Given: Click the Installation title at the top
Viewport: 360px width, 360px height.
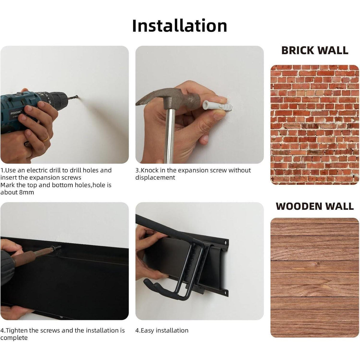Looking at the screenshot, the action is coord(179,26).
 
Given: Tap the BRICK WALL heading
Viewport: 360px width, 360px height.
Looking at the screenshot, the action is coord(315,50).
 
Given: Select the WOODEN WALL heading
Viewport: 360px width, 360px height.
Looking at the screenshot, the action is coord(315,206).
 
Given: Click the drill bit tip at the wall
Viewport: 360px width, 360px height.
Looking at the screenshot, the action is coord(77,97).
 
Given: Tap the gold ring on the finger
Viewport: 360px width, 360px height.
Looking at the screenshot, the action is coord(45,138).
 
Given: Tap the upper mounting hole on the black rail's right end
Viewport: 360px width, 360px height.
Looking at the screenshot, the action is coord(225,242).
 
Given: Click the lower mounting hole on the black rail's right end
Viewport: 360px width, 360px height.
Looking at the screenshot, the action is coord(226,291).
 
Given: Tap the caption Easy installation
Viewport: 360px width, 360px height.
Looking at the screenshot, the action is coord(165,331).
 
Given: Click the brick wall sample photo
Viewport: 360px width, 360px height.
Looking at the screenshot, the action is coord(315,125).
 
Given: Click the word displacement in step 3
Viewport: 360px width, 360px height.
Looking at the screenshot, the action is coord(155,178).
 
